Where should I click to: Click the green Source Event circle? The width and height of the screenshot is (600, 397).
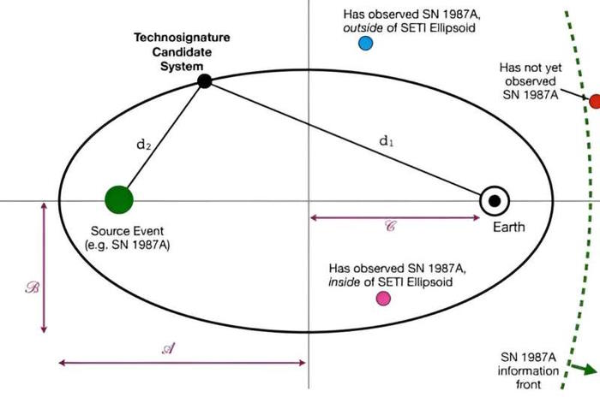[119, 199]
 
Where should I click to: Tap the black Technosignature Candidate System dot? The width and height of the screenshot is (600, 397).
[204, 81]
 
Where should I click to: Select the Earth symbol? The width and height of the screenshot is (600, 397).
[495, 201]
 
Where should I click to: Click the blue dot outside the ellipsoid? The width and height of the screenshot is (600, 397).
[365, 43]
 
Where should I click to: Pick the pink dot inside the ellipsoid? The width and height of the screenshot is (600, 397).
[383, 299]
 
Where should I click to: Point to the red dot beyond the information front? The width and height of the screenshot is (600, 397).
[595, 101]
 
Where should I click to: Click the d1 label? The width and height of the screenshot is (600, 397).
[386, 141]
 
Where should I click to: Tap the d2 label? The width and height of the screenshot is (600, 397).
[143, 145]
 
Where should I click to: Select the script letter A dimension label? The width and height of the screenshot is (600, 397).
[169, 348]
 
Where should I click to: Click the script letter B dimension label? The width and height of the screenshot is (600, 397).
[33, 287]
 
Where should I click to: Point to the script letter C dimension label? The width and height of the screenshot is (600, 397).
[390, 226]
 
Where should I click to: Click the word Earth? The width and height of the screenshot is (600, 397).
[508, 227]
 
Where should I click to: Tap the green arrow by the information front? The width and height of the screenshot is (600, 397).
[585, 369]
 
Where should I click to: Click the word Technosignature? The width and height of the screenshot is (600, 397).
[182, 38]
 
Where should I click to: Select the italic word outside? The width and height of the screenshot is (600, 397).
[363, 28]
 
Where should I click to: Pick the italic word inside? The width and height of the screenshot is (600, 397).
[344, 282]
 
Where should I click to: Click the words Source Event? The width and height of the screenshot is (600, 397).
[127, 231]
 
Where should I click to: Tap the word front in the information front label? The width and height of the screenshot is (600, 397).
[529, 384]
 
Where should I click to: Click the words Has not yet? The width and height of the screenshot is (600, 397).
[531, 68]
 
